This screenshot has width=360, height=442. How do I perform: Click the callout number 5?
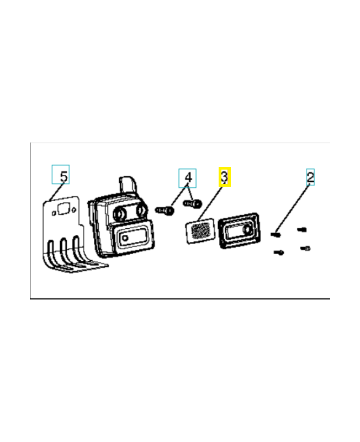click(64, 176)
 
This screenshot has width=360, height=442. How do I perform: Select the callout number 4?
click(188, 177)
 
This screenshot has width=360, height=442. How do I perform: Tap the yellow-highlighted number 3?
click(224, 176)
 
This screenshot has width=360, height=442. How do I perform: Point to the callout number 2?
click(310, 177)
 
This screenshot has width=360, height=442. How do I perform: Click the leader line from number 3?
click(210, 203)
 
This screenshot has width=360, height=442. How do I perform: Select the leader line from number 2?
click(292, 208)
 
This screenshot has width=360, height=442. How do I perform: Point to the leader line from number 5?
click(57, 192)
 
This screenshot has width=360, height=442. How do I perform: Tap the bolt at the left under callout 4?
click(165, 211)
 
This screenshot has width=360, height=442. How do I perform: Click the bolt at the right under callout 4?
click(193, 203)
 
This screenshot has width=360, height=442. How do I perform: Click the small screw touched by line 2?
click(276, 234)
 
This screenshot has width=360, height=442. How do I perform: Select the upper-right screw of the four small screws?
click(302, 230)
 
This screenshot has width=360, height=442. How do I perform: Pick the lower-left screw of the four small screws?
click(279, 252)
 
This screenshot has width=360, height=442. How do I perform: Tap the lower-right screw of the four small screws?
click(305, 248)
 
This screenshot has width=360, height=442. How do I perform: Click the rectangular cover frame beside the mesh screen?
click(239, 230)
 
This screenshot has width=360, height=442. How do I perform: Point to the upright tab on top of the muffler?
click(128, 184)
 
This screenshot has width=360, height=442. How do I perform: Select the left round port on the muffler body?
click(119, 214)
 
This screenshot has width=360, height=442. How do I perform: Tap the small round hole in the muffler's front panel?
click(125, 238)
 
